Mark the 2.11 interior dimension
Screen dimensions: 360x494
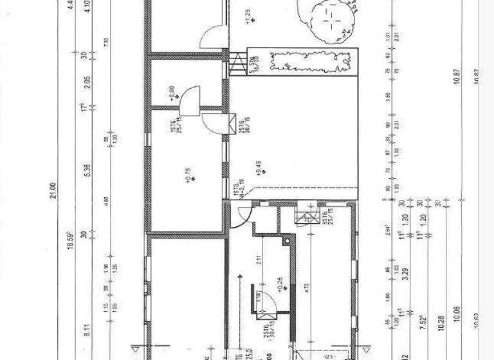pyautogui.click(x=255, y=260)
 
